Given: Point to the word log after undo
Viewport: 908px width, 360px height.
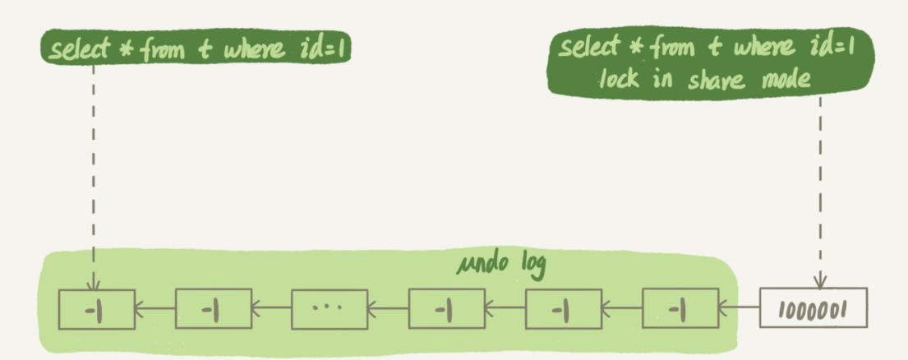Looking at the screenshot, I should pyautogui.click(x=530, y=268).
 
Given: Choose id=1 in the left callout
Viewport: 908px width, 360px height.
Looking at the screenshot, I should pyautogui.click(x=325, y=50).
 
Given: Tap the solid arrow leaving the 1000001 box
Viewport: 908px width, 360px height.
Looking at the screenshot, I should pyautogui.click(x=739, y=309).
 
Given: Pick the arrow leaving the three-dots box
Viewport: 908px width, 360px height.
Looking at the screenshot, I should pyautogui.click(x=271, y=309).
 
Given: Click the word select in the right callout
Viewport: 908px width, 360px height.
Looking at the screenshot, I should pyautogui.click(x=591, y=48).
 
